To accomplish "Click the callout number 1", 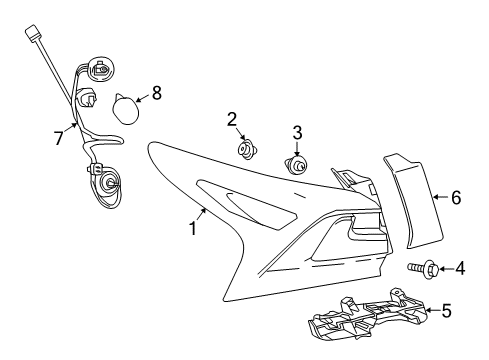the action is click(x=193, y=228).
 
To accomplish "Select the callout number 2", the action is click(x=232, y=119).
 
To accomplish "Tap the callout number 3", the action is click(x=297, y=132).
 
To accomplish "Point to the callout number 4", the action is click(x=460, y=268).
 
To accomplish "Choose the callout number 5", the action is click(x=446, y=311).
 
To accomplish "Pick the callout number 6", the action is click(x=456, y=197).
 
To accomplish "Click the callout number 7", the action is click(x=59, y=138).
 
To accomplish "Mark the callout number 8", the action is click(x=157, y=93).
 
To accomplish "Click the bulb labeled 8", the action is click(x=125, y=109).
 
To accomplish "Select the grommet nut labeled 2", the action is click(x=247, y=150).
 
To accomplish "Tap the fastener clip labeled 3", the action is click(x=296, y=165).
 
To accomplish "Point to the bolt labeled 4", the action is click(x=423, y=267).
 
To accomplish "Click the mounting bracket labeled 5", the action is click(x=368, y=313).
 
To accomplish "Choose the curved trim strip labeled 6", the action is click(x=413, y=201).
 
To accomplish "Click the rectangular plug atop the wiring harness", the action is click(x=33, y=33).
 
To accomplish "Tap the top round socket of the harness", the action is click(x=100, y=70).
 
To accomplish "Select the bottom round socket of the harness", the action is click(x=108, y=182).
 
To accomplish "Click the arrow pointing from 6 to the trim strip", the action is click(x=440, y=197).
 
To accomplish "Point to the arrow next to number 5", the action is click(x=432, y=310).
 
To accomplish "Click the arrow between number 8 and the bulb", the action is click(x=142, y=98).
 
